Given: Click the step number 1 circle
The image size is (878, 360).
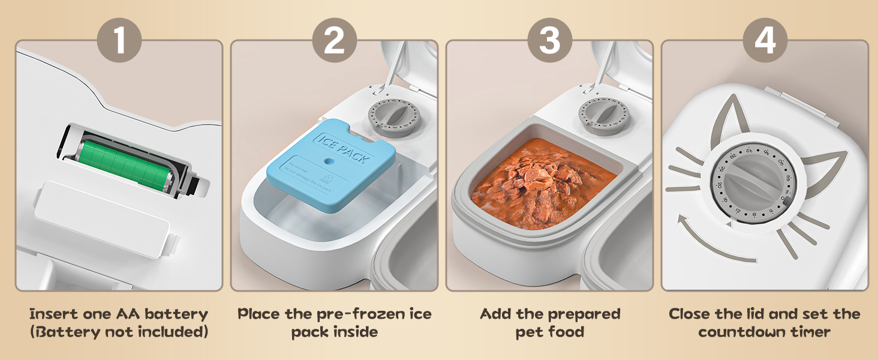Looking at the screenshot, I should tap(119, 41).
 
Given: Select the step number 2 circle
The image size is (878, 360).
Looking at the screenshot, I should tap(335, 41).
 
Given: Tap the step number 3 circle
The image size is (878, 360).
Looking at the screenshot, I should tap(550, 41).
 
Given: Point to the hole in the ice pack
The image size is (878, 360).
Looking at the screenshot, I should tap(328, 161).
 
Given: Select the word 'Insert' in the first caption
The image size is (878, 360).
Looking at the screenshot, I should tap(54, 314).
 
